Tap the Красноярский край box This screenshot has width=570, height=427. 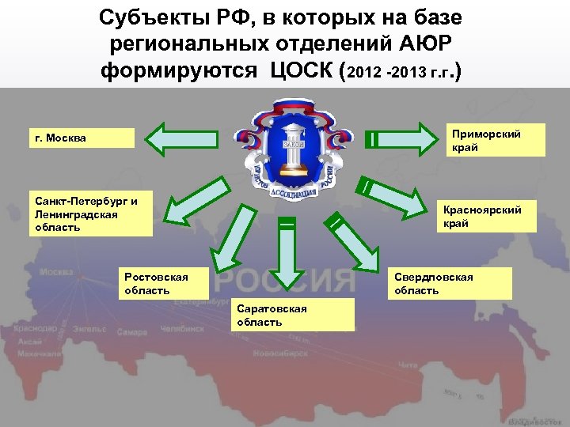[486, 217]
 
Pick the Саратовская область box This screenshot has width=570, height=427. [293, 315]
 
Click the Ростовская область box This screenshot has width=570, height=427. [165, 283]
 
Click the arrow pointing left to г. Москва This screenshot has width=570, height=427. [191, 139]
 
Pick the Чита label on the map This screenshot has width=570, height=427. [408, 365]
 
